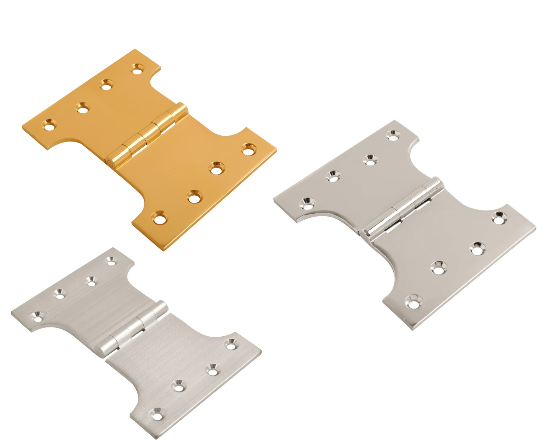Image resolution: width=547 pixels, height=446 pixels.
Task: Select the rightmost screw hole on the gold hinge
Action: point(249,149)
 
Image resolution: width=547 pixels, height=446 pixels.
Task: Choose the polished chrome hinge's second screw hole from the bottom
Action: point(437,268)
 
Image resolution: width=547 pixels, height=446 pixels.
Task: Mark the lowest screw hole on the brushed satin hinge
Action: point(157,416)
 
